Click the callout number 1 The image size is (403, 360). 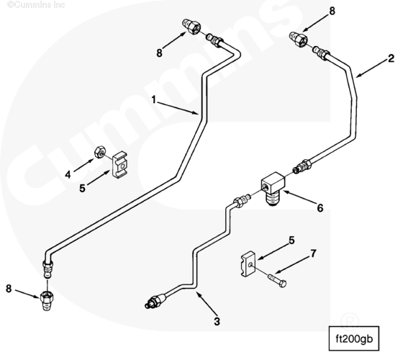tap(154, 100)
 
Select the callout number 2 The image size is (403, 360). tap(391, 58)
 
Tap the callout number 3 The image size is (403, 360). tap(217, 321)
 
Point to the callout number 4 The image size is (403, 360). tap(68, 175)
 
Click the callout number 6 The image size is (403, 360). tap(320, 208)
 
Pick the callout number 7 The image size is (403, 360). tap(313, 253)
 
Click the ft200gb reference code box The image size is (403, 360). tap(354, 339)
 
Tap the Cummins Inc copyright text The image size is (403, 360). tap(36, 4)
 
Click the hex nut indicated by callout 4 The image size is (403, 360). tap(99, 152)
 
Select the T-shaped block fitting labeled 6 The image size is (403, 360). tap(273, 188)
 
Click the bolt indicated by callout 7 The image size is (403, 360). tap(277, 280)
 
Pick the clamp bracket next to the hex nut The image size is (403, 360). tap(119, 165)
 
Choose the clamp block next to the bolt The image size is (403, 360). tap(248, 264)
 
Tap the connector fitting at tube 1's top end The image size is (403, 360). tap(191, 27)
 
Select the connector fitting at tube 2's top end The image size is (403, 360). tap(299, 39)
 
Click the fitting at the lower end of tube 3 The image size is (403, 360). tap(155, 302)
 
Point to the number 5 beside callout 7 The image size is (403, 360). tap(291, 240)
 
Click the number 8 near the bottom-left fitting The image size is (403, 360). tap(9, 289)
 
